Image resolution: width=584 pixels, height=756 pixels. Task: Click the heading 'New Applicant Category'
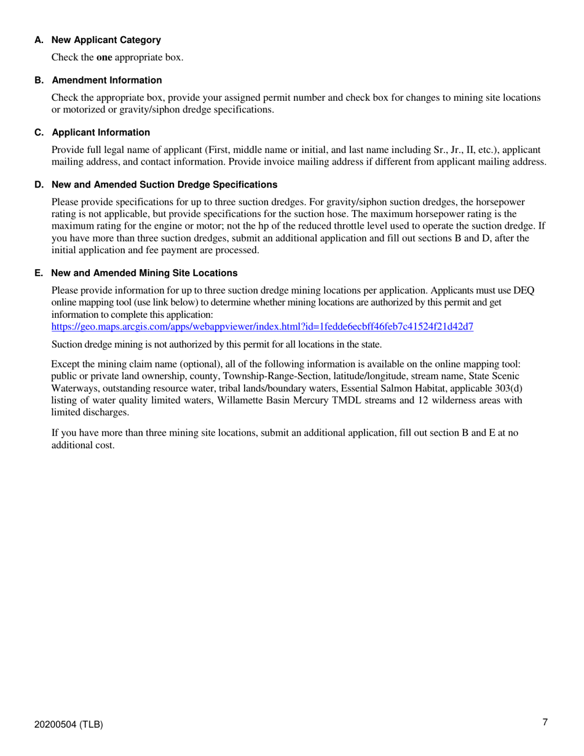tap(106, 40)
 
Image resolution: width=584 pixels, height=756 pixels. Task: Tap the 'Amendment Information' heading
tap(107, 81)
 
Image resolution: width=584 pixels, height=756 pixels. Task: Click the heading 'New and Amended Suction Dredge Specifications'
tap(164, 185)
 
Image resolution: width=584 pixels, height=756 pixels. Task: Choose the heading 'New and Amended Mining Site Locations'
tap(144, 273)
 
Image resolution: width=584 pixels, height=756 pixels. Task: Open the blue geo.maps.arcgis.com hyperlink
tap(262, 326)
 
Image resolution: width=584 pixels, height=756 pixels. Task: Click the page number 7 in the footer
tap(545, 722)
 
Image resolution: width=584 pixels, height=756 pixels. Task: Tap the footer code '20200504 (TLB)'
tap(69, 725)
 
